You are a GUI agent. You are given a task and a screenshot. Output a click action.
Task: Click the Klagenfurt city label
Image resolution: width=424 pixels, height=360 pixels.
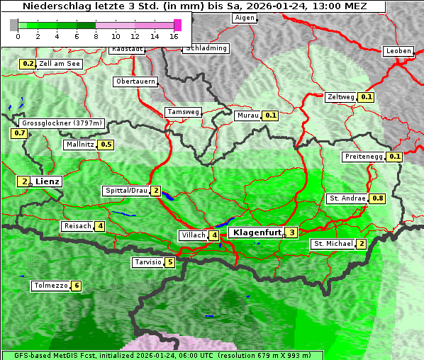pyautogui.click(x=255, y=232)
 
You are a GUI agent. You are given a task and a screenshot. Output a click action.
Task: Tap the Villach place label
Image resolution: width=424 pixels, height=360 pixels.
pyautogui.click(x=192, y=235)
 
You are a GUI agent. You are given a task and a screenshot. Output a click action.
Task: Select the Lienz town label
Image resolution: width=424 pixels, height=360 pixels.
pyautogui.click(x=48, y=181)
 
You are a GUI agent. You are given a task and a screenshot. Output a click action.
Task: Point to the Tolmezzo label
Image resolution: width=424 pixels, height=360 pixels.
pyautogui.click(x=51, y=286)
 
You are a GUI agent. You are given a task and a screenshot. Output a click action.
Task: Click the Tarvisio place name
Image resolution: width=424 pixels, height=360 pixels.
pyautogui.click(x=148, y=262)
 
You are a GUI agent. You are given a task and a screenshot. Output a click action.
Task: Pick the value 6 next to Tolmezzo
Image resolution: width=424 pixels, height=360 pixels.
pyautogui.click(x=76, y=286)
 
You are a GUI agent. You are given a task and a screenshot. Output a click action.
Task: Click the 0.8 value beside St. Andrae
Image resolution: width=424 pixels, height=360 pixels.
pyautogui.click(x=378, y=198)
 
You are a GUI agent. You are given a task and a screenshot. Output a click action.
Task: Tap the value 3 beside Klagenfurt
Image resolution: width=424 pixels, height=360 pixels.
pyautogui.click(x=291, y=232)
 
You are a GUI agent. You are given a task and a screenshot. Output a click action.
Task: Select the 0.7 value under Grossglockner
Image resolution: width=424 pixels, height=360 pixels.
pyautogui.click(x=19, y=133)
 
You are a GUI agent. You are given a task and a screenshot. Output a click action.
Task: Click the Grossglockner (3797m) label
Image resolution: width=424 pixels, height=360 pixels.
pyautogui.click(x=62, y=123)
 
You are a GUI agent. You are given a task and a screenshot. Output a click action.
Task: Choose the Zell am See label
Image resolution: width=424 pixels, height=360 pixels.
pyautogui.click(x=60, y=64)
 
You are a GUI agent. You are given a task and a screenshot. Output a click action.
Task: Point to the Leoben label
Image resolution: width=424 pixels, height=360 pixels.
pyautogui.click(x=398, y=51)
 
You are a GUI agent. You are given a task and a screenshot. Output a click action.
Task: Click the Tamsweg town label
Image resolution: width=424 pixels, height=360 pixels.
pyautogui.click(x=184, y=112)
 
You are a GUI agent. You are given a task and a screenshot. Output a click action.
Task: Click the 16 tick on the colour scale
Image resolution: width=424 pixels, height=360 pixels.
pyautogui.click(x=174, y=35)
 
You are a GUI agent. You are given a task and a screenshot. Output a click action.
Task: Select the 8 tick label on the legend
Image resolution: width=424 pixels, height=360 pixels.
pyautogui.click(x=96, y=35)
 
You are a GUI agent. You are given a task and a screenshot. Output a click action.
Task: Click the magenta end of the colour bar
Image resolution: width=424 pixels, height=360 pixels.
pyautogui.click(x=177, y=25)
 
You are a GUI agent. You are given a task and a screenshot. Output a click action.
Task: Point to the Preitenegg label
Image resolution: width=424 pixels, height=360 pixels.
pyautogui.click(x=363, y=157)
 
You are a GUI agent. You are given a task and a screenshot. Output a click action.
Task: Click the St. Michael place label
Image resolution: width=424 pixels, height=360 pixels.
pyautogui.click(x=333, y=244)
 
